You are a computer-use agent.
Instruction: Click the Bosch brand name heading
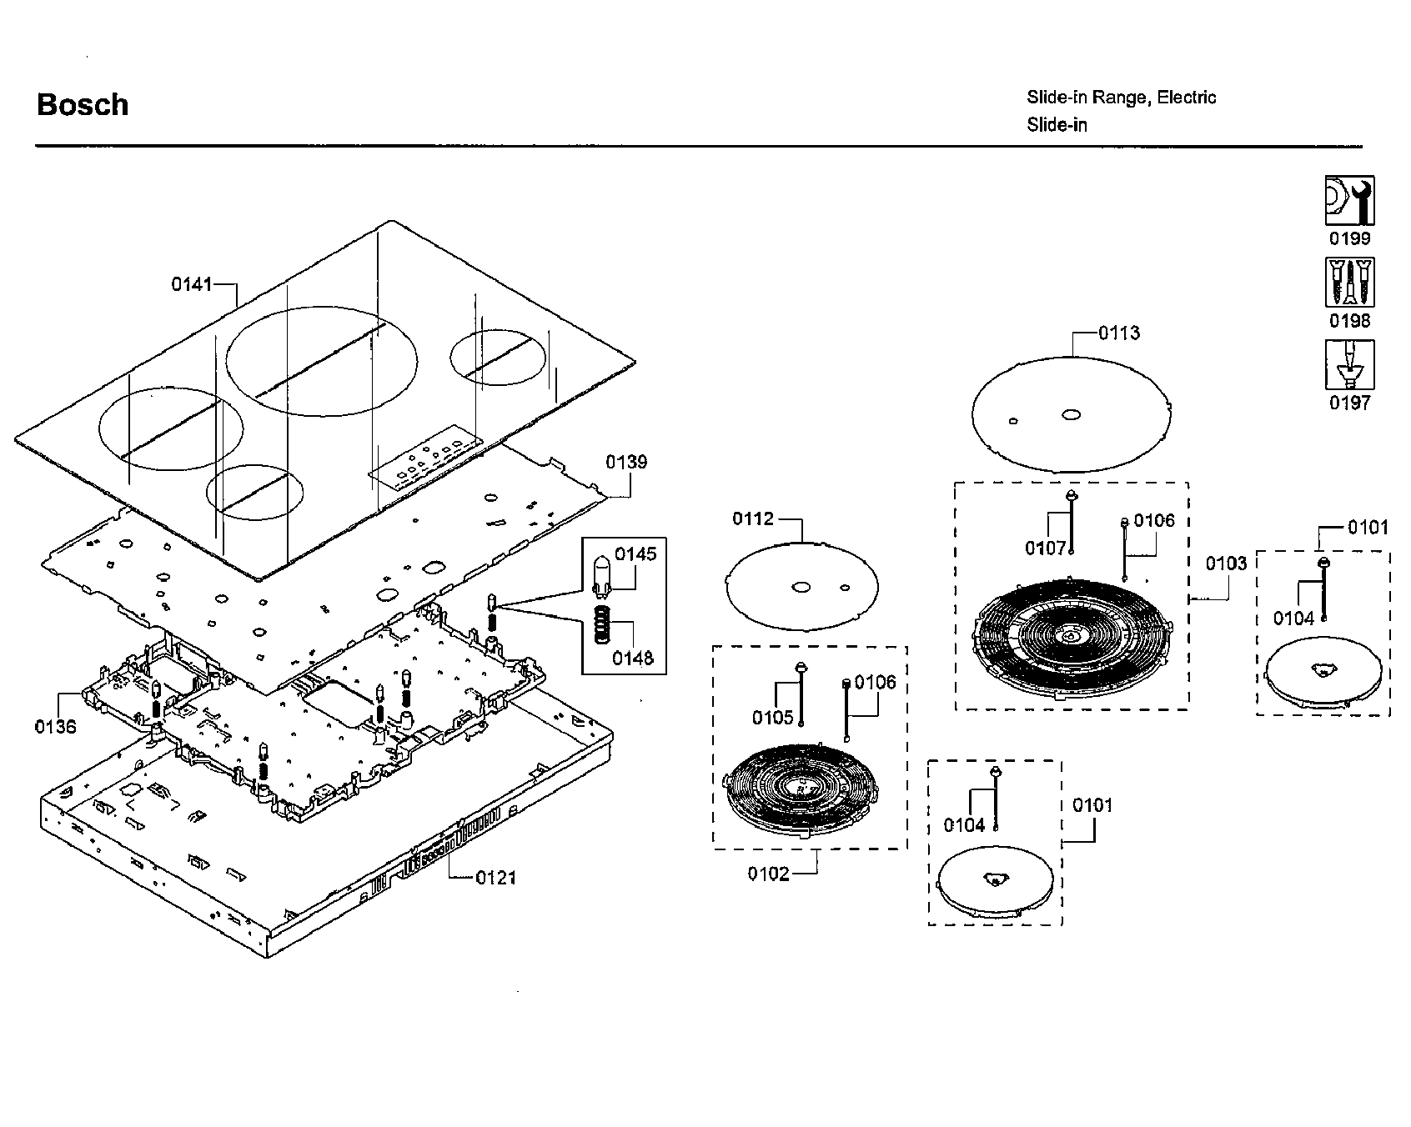point(83,105)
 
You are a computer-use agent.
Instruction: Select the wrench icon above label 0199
point(1349,201)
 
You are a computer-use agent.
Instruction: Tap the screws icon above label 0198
point(1349,283)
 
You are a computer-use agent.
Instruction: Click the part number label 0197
point(1349,403)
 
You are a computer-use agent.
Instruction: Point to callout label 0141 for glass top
point(192,284)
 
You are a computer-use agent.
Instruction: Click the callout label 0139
point(626,463)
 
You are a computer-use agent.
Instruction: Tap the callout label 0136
point(55,727)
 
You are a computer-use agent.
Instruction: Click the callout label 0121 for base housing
point(496,878)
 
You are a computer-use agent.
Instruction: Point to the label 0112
point(753,519)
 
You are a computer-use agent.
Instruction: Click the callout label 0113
point(1119,333)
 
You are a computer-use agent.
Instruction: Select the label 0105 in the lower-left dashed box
point(772,718)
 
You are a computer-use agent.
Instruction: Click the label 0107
point(1046,548)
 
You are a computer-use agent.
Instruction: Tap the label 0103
point(1226,563)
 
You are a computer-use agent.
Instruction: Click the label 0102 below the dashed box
point(768,874)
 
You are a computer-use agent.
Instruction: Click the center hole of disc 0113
point(1071,413)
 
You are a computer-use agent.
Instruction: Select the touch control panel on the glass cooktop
point(426,462)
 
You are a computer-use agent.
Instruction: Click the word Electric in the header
point(1187,98)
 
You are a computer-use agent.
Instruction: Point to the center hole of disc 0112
point(801,588)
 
